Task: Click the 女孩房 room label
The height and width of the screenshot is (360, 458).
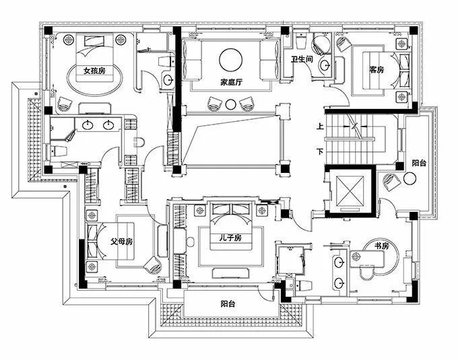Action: pyautogui.click(x=94, y=71)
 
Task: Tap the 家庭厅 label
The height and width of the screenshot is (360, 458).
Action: pyautogui.click(x=231, y=83)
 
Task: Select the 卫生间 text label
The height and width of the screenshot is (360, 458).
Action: pyautogui.click(x=302, y=59)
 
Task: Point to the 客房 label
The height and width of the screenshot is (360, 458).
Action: pyautogui.click(x=377, y=70)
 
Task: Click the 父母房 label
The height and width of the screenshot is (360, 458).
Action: pyautogui.click(x=122, y=242)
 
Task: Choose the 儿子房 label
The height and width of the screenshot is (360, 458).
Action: pyautogui.click(x=231, y=238)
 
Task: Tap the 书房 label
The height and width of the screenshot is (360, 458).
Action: pyautogui.click(x=382, y=246)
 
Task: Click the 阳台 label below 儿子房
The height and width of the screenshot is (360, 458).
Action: pyautogui.click(x=228, y=304)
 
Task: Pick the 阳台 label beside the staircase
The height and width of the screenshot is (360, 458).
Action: pyautogui.click(x=419, y=163)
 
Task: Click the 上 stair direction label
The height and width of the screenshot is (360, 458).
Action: pyautogui.click(x=321, y=127)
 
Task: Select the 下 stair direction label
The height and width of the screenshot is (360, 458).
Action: pyautogui.click(x=321, y=152)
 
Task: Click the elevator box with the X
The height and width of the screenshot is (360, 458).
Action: pyautogui.click(x=350, y=190)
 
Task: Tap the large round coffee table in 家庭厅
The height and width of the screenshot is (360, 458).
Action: pyautogui.click(x=231, y=60)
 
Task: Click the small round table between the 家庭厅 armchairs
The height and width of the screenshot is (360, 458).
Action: pyautogui.click(x=231, y=104)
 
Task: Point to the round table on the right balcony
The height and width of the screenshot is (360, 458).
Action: pyautogui.click(x=410, y=178)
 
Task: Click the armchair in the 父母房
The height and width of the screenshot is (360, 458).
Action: pyautogui.click(x=153, y=264)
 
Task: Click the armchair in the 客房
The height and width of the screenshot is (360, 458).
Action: pyautogui.click(x=343, y=44)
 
